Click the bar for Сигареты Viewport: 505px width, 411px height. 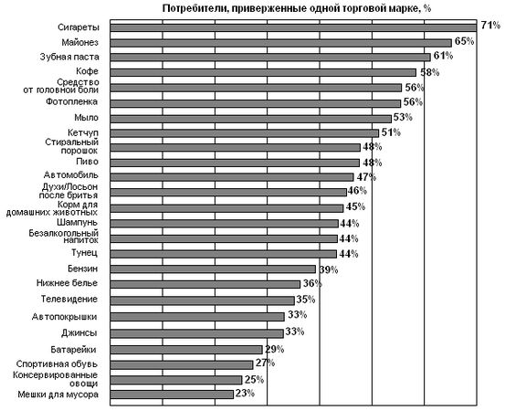pos(293,28)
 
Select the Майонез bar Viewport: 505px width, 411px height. pos(281,43)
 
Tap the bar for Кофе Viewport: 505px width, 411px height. pos(263,72)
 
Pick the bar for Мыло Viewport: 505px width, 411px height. pos(251,119)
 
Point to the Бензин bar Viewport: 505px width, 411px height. pos(213,269)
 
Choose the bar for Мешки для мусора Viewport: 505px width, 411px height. pos(172,395)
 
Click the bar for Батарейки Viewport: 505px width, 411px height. pos(186,350)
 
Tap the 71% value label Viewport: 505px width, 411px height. pos(490,26)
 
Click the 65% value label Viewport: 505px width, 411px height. pos(464,41)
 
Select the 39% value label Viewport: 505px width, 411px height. pos(329,269)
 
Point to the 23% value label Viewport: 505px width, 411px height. pos(245,394)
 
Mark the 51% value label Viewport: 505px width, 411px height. pos(391,132)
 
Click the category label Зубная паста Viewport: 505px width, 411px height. pos(69,57)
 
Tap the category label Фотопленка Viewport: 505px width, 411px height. pos(71,101)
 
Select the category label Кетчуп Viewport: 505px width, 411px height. pos(83,132)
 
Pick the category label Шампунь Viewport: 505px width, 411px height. pos(77,222)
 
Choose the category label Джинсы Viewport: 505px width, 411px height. pos(79,332)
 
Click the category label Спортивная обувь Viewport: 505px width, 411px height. pos(57,364)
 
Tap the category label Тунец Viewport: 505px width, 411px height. pos(84,252)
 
